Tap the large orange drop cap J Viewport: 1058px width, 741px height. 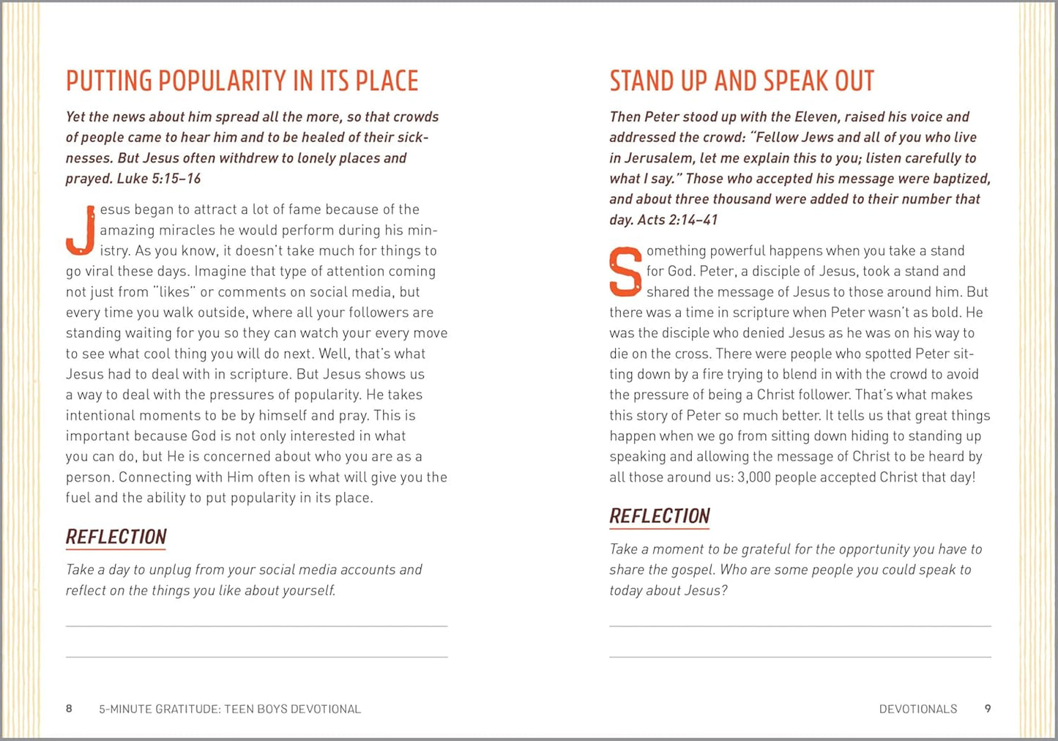coord(81,231)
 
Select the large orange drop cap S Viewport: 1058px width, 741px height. coord(625,272)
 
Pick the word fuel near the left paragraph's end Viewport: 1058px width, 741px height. coord(78,498)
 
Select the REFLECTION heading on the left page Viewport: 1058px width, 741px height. coord(116,537)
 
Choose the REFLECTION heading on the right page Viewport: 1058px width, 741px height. coord(660,516)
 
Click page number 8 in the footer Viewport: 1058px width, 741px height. coord(70,709)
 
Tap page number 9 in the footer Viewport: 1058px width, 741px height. coord(988,709)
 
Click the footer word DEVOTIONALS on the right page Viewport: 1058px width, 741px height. coord(918,709)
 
